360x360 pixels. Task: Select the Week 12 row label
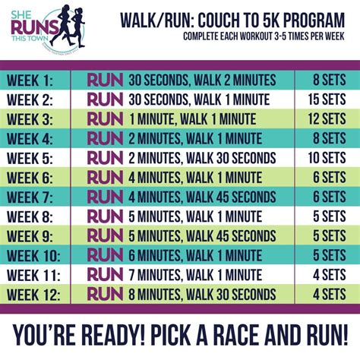39,293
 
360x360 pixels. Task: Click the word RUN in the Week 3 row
105,118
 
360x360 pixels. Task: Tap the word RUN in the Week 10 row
105,254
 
